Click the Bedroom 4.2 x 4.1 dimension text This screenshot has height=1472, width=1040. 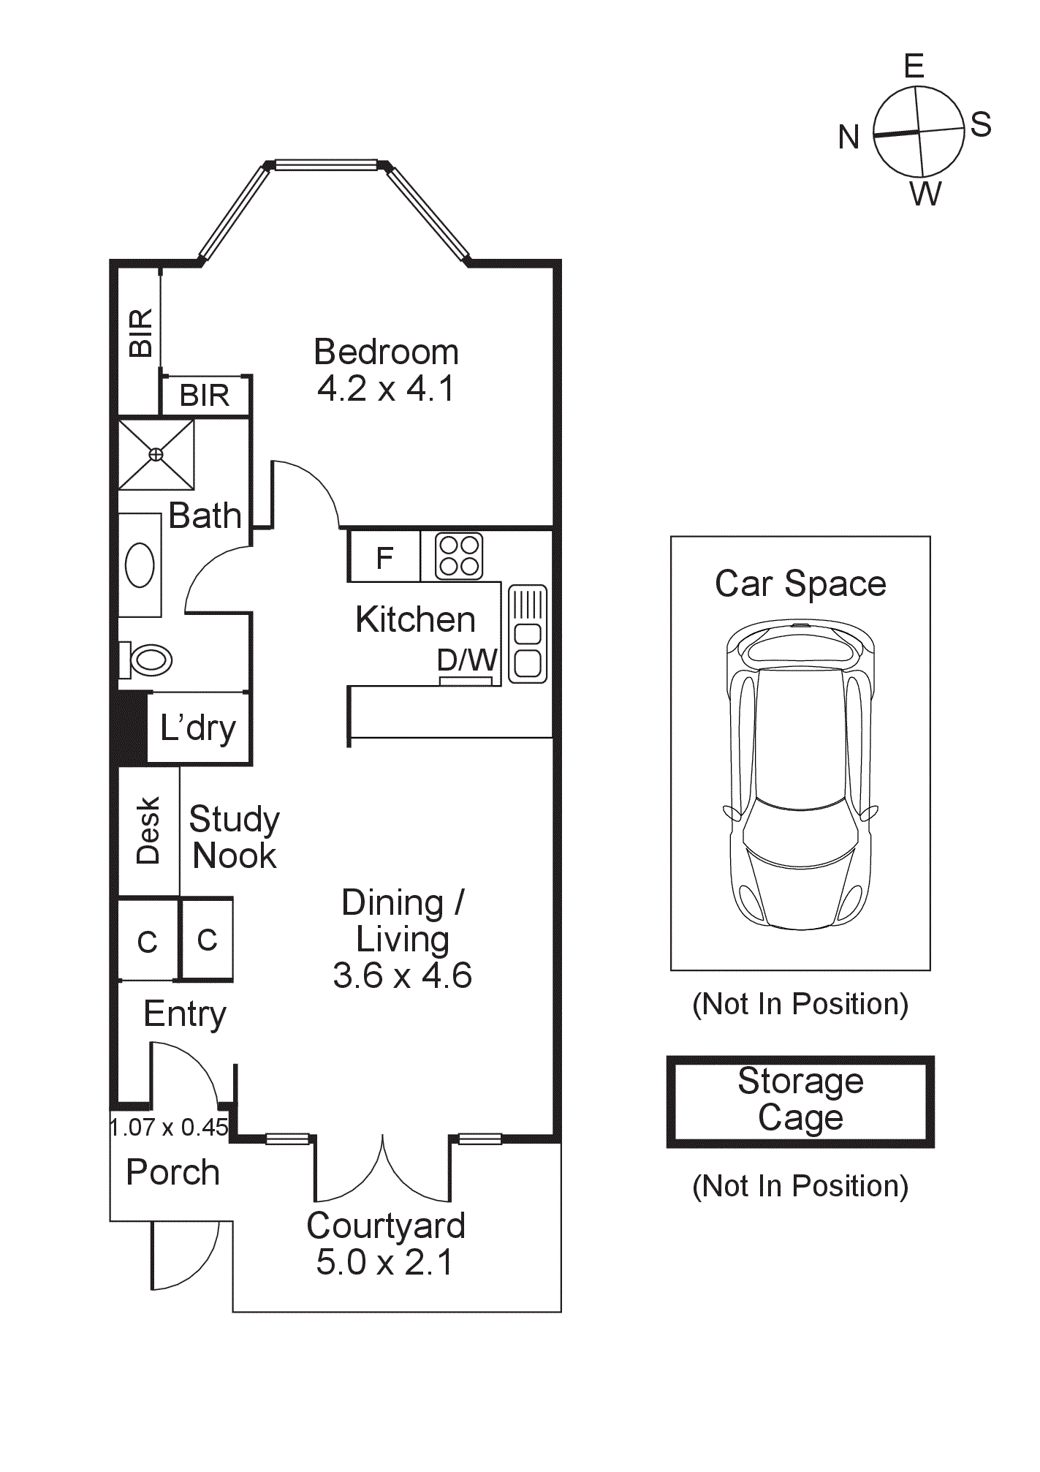[x=386, y=388]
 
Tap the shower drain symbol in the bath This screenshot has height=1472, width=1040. [x=156, y=454]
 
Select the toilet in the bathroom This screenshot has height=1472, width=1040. [x=149, y=660]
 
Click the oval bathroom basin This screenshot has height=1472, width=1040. [x=140, y=565]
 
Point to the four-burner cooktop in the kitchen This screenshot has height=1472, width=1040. [x=459, y=556]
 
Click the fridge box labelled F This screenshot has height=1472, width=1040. [x=384, y=558]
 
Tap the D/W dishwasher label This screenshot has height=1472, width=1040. [x=467, y=660]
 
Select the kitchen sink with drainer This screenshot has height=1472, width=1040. [x=528, y=634]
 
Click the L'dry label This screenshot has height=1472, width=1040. [x=198, y=728]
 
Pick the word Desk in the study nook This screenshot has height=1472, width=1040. [x=148, y=831]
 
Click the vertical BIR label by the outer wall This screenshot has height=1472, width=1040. [x=140, y=333]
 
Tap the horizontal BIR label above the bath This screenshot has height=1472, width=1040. [x=205, y=396]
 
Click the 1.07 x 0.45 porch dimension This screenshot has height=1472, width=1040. [x=170, y=1127]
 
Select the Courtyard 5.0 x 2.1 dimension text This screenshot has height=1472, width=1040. [x=385, y=1263]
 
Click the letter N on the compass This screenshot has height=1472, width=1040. [x=849, y=137]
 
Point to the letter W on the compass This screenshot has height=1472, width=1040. [x=926, y=194]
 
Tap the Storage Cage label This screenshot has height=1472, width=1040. [x=801, y=1099]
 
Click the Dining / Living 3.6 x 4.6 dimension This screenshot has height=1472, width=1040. [x=403, y=975]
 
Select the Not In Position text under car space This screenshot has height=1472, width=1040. [x=800, y=1004]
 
